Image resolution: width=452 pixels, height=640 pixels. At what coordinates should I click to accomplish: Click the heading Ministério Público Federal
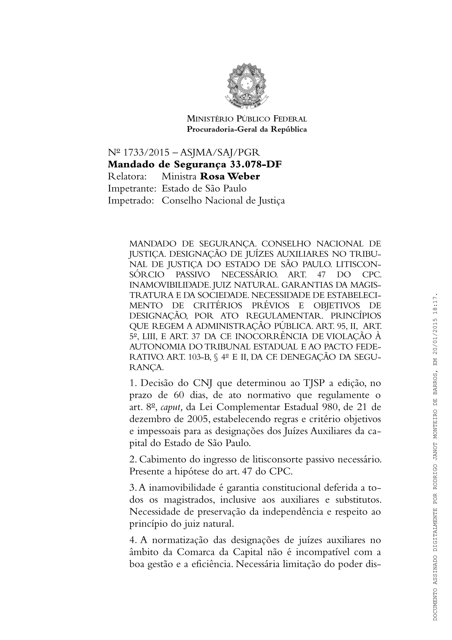(x=247, y=119)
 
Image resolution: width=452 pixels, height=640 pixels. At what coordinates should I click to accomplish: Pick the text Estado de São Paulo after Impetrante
(x=204, y=189)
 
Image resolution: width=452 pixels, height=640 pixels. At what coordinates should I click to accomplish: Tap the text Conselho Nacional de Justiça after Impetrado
(x=223, y=201)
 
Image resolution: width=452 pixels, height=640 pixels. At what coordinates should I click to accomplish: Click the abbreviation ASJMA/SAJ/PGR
(x=220, y=152)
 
